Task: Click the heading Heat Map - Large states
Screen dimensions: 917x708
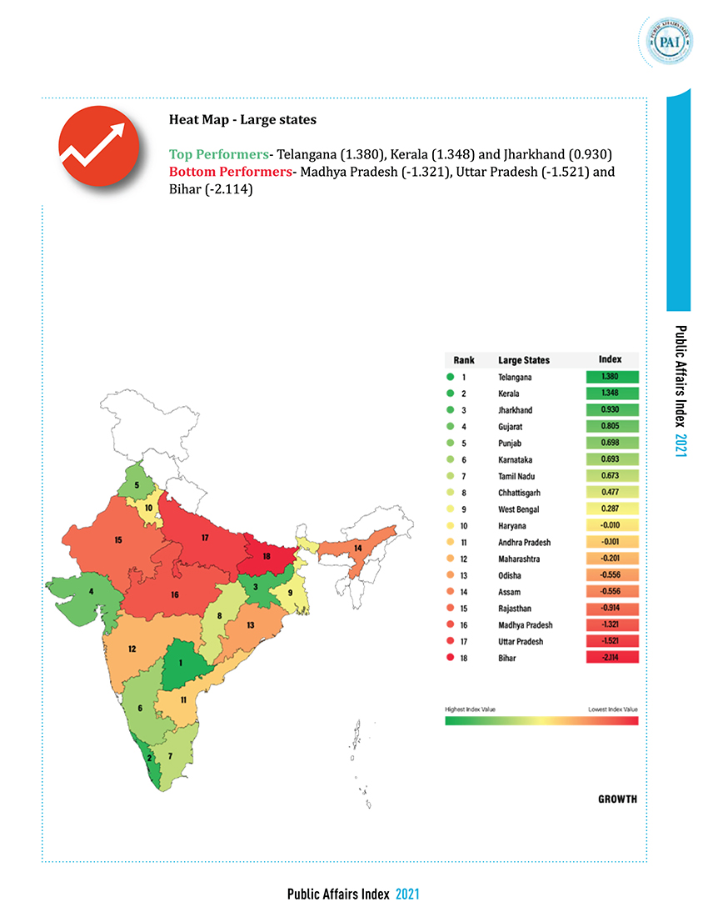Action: (242, 120)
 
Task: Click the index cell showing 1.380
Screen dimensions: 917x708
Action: (612, 377)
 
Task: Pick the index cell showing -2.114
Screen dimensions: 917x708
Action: (612, 657)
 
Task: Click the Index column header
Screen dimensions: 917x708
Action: (611, 359)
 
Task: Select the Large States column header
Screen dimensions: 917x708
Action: (524, 360)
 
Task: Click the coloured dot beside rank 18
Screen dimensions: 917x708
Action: (449, 657)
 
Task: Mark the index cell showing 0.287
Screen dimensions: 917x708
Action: (612, 509)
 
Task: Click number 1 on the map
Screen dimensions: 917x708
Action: (181, 663)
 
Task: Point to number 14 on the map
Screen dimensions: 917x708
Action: (358, 548)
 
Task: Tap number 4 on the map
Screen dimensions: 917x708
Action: (91, 592)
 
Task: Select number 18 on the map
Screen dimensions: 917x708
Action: (267, 555)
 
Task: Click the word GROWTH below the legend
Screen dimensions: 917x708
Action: (617, 799)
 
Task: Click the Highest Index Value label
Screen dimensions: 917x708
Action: (471, 709)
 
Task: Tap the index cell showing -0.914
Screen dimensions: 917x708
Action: (612, 607)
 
